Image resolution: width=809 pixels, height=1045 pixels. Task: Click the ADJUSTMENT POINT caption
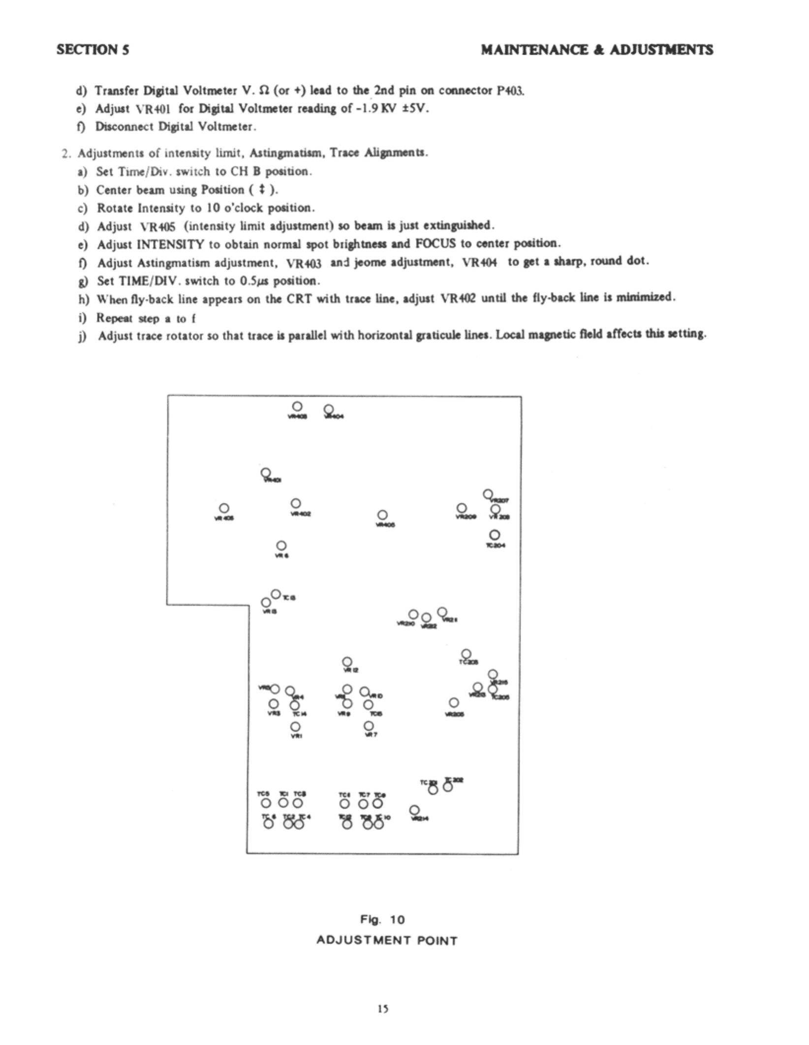coord(387,940)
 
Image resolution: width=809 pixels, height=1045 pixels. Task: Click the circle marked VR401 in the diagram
coord(265,473)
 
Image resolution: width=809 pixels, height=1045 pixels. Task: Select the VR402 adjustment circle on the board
coord(296,503)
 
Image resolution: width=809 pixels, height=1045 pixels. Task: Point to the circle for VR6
coord(281,546)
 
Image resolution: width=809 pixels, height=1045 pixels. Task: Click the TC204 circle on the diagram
coord(495,535)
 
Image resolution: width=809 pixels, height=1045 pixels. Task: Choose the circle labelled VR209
coord(462,508)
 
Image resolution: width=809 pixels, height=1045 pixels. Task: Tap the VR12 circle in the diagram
coord(347,661)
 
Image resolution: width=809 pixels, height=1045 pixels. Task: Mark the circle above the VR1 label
coord(296,726)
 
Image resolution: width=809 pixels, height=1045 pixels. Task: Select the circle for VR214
coord(414,810)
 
